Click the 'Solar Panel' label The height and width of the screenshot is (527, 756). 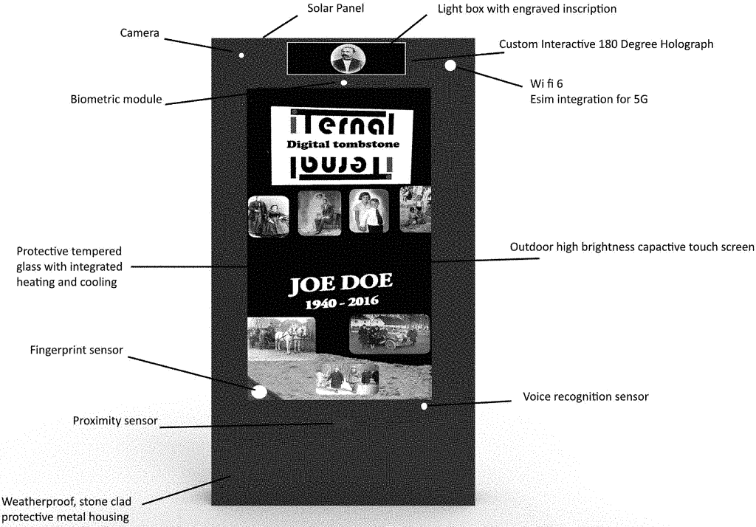click(x=336, y=8)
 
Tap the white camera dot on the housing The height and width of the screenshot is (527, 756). click(x=241, y=55)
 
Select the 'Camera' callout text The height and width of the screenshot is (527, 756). click(x=141, y=33)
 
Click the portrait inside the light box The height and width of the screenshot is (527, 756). click(x=346, y=59)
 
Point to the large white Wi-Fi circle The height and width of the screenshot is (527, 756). click(x=450, y=66)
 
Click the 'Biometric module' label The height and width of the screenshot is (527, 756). click(x=116, y=99)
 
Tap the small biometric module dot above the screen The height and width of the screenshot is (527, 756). click(x=344, y=83)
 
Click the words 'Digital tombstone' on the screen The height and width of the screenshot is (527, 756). click(x=343, y=145)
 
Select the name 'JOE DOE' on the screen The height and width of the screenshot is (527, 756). click(x=340, y=283)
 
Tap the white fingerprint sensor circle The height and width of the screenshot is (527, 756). click(x=259, y=392)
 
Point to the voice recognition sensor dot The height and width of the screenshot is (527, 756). click(x=424, y=406)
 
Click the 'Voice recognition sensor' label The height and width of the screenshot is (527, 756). click(x=585, y=397)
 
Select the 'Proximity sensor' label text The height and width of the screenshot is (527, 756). click(x=115, y=421)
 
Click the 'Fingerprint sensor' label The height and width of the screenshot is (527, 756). click(x=76, y=350)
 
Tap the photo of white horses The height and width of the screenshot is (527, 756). click(x=281, y=337)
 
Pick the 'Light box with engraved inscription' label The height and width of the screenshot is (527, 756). click(x=526, y=9)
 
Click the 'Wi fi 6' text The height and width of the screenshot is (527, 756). click(x=547, y=83)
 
